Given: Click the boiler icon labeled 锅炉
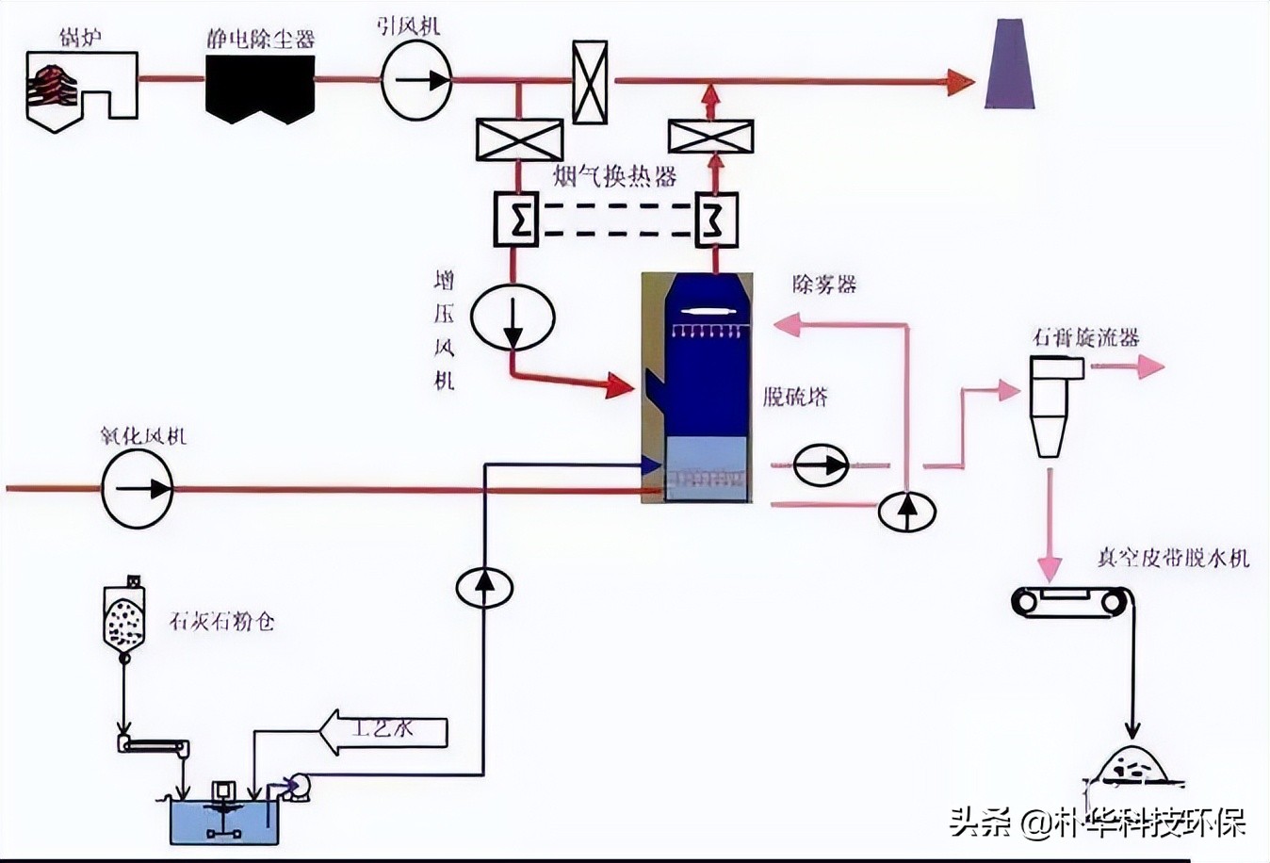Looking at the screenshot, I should click(x=79, y=89).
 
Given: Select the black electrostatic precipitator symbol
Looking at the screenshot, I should click(x=260, y=88).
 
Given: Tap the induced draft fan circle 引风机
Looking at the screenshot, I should click(x=416, y=80).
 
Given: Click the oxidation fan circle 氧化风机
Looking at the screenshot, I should click(x=138, y=488).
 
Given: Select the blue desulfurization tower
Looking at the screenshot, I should click(x=697, y=386).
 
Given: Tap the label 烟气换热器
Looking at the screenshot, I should click(x=614, y=176).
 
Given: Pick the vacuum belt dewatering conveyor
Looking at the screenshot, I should click(x=1068, y=599).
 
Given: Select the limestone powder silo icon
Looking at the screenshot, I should click(x=124, y=617).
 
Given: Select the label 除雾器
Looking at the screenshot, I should click(x=824, y=284).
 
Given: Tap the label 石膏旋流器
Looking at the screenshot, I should click(x=1085, y=337).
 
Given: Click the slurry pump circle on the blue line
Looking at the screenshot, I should click(x=484, y=587).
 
